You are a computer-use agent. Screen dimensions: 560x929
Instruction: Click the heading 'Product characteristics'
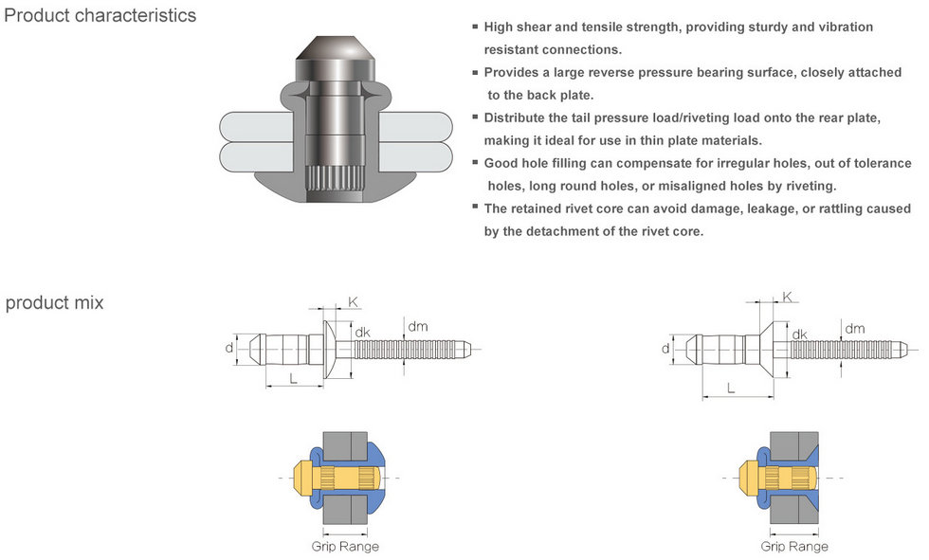(100, 16)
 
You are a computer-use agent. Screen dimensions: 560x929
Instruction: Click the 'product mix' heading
(54, 303)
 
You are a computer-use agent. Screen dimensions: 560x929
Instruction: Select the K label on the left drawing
(354, 302)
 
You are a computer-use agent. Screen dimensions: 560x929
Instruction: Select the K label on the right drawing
(787, 297)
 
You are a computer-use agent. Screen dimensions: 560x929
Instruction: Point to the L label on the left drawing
(293, 378)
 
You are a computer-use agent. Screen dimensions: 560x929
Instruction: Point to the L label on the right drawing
(730, 388)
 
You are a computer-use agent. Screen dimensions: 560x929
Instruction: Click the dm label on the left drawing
(417, 327)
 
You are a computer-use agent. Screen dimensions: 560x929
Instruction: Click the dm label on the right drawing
(855, 329)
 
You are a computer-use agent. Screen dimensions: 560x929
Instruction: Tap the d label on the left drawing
(228, 348)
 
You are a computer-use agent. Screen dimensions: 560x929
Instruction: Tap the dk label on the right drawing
(799, 334)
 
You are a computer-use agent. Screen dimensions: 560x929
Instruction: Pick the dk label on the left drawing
(362, 333)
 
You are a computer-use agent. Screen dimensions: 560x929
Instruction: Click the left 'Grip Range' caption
(345, 547)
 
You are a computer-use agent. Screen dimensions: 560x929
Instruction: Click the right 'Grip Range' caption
(794, 547)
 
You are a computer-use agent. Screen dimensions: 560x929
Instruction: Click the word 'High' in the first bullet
(500, 27)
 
